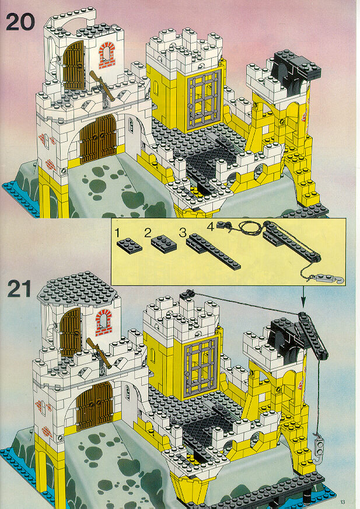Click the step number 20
20,22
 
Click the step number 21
19,289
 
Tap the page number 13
343,502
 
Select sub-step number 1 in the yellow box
117,233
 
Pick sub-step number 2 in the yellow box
148,232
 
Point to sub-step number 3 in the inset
183,232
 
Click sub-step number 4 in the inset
211,226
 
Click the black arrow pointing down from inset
303,297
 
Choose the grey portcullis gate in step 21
201,367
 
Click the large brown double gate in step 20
98,139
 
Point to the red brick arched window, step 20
106,55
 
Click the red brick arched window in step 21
103,322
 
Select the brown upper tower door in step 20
74,65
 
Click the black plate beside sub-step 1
130,245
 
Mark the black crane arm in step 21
313,337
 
